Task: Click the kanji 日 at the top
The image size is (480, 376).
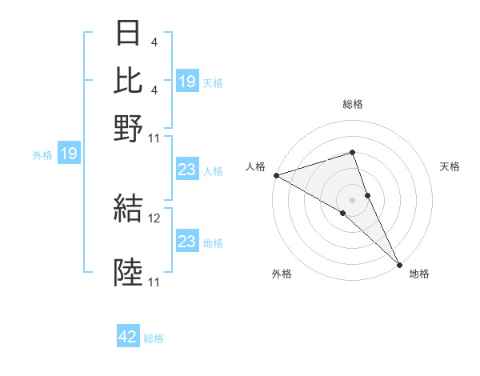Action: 129,34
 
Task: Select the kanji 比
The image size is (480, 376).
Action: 129,80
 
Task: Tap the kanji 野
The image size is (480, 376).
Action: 129,128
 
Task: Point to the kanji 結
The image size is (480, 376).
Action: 129,209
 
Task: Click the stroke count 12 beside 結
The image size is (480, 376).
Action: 155,218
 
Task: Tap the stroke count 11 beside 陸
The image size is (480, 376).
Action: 154,282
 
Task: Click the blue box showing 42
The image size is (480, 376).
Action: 128,338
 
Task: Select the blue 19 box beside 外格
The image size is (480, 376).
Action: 68,154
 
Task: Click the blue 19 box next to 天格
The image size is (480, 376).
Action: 187,82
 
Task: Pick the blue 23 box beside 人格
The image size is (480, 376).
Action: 187,170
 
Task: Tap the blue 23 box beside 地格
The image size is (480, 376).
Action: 187,242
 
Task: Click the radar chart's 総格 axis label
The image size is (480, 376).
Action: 353,104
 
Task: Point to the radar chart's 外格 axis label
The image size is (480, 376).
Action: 282,274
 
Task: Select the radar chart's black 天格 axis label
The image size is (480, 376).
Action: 450,166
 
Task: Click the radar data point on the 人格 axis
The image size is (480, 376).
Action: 276,175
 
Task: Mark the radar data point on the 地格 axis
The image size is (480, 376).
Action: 399,263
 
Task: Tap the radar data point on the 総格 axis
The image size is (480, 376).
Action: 353,152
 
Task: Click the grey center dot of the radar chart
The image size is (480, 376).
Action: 353,199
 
